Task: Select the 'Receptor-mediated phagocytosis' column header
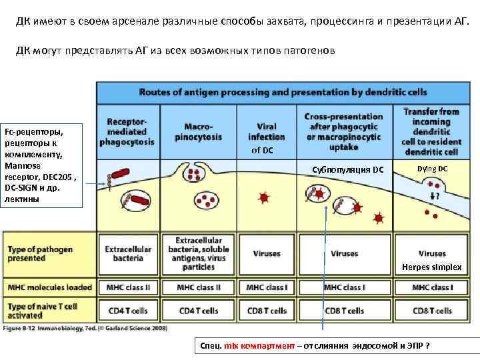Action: coord(127,131)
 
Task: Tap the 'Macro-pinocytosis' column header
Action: coord(197,131)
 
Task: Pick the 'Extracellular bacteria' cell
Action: coord(129,253)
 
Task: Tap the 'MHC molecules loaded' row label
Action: coord(50,287)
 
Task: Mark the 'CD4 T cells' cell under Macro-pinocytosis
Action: coord(199,311)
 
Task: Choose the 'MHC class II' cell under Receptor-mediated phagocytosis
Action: coord(129,287)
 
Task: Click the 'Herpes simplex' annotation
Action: coord(431,267)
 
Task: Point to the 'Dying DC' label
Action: coord(433,169)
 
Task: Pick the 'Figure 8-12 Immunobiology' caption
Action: coord(85,327)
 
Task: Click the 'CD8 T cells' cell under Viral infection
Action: coord(266,311)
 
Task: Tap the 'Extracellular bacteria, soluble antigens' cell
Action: coord(199,253)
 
